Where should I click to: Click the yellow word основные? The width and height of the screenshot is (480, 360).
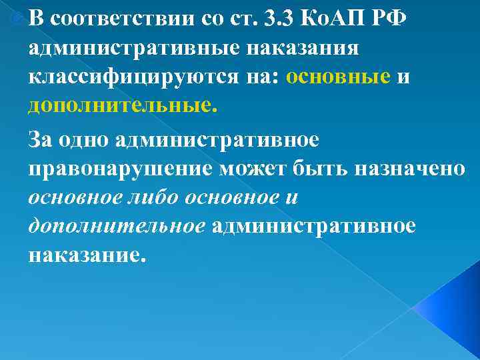pyautogui.click(x=338, y=77)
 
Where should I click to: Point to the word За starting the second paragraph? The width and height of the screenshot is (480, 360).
pyautogui.click(x=43, y=140)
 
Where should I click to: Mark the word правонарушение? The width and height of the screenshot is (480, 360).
pyautogui.click(x=121, y=169)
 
